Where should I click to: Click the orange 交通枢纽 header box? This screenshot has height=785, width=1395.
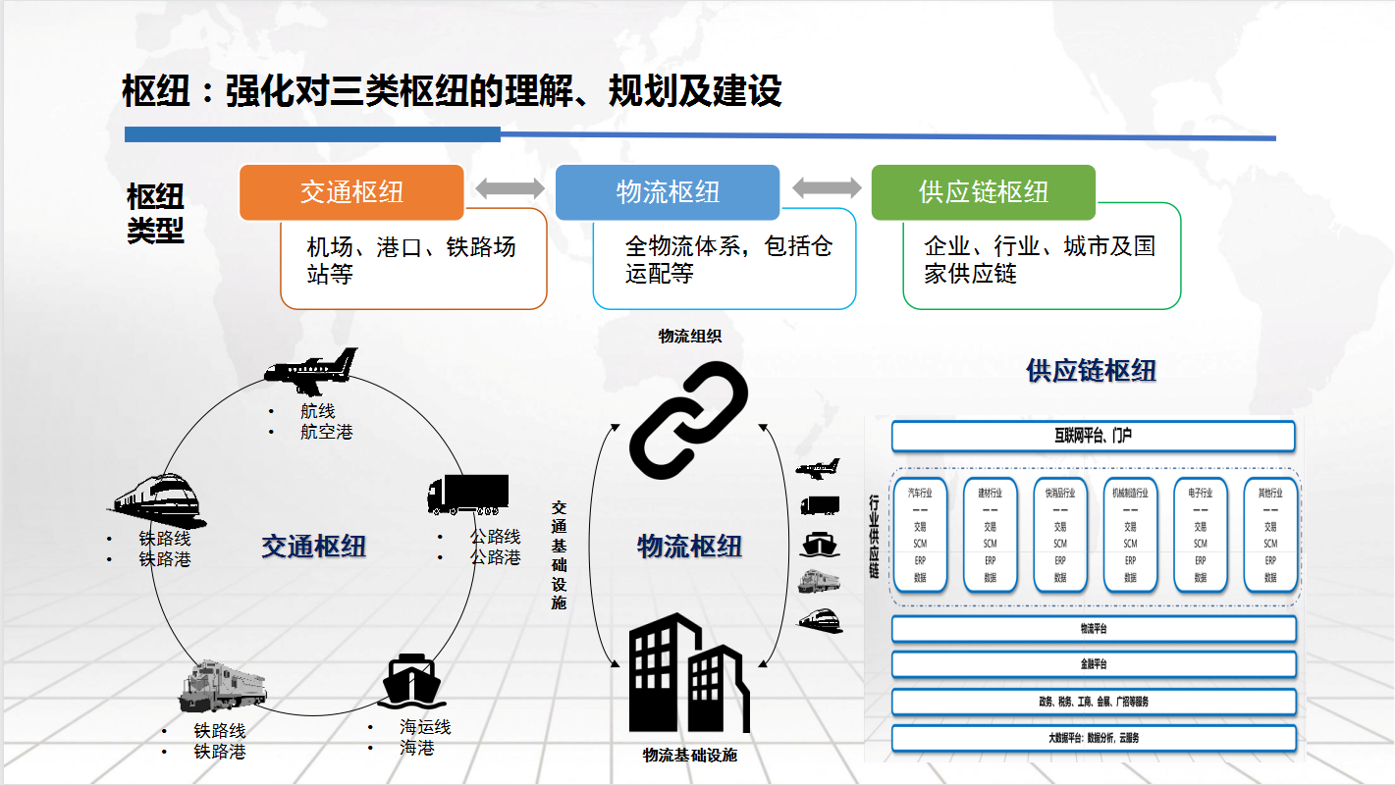coord(351,192)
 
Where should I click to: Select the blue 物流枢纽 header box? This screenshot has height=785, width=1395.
coord(668,192)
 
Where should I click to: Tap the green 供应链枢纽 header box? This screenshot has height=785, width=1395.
coord(984,192)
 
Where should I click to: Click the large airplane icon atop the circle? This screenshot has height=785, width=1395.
coord(312,367)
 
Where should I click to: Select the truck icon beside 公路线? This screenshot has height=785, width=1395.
coord(468,495)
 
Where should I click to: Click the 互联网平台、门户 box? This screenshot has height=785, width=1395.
coord(1093,436)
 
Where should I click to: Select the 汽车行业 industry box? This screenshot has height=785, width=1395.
coord(920,535)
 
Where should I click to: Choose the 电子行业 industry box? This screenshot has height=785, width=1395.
coord(1201,535)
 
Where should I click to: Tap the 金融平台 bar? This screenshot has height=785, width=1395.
coord(1093,664)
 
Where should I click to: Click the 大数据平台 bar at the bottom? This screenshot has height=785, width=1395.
coord(1093,738)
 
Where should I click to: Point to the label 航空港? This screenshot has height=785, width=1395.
coord(326,432)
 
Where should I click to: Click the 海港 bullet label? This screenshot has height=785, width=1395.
coord(416,749)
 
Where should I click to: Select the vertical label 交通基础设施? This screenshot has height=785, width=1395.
coord(559,554)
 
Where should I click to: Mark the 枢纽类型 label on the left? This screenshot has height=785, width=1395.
coord(155,213)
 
